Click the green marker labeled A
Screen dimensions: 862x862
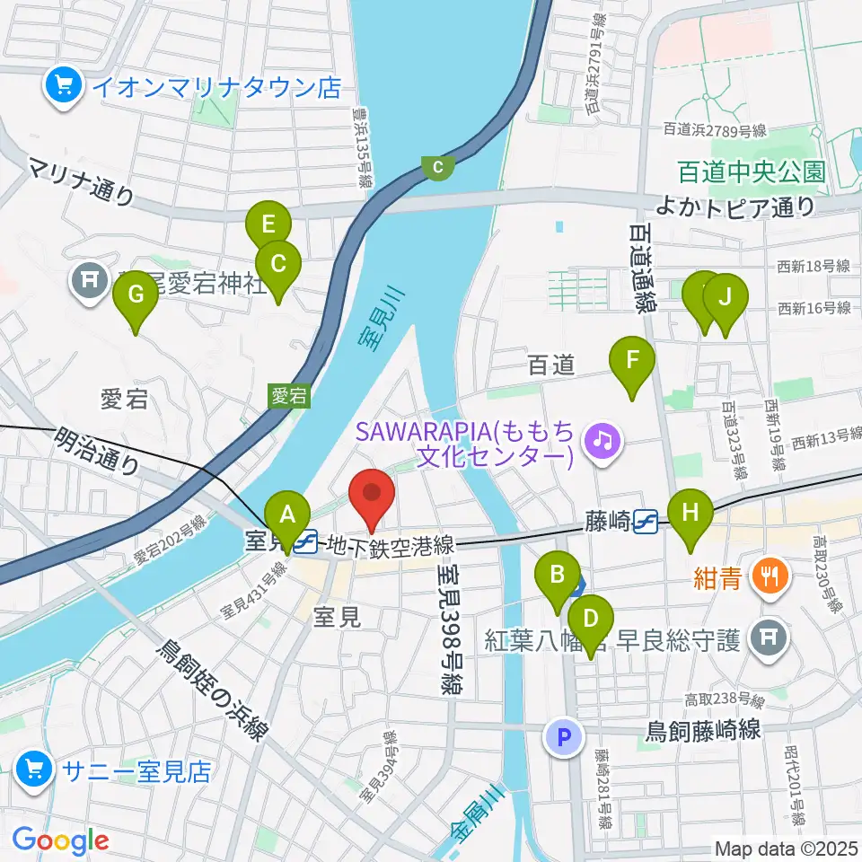[287, 515]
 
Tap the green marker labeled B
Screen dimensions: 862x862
[558, 574]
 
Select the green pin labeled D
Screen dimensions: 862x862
[590, 619]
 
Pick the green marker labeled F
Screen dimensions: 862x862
[632, 361]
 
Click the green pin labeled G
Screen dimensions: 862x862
[136, 295]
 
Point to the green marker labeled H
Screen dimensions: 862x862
[690, 513]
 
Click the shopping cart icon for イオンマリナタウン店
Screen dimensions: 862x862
[63, 87]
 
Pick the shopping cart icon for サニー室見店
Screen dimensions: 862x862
[34, 770]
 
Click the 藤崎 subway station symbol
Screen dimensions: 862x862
[646, 519]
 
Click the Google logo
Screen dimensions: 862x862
[60, 840]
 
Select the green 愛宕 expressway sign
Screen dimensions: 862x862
[289, 396]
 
